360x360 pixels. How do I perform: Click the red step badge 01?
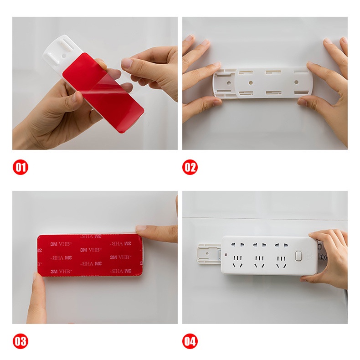click(21, 167)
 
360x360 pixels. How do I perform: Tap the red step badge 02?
click(190, 167)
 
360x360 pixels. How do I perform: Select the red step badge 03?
click(21, 341)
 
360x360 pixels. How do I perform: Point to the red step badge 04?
click(190, 341)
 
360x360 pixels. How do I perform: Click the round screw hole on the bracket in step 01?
click(64, 56)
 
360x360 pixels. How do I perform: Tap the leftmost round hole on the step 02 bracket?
click(229, 82)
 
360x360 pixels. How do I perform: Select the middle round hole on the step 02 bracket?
click(251, 82)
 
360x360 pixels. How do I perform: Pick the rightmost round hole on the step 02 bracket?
click(296, 82)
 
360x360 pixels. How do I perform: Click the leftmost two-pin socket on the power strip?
click(237, 245)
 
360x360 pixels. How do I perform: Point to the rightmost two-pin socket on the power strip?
click(281, 246)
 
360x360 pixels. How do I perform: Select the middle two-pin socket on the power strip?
click(260, 246)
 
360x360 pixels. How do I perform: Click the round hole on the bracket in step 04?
click(207, 254)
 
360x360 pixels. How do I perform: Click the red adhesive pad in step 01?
click(103, 93)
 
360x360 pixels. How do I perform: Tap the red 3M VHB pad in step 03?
click(90, 256)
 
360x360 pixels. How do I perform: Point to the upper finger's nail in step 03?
click(141, 228)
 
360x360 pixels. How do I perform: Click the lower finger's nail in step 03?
click(35, 278)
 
